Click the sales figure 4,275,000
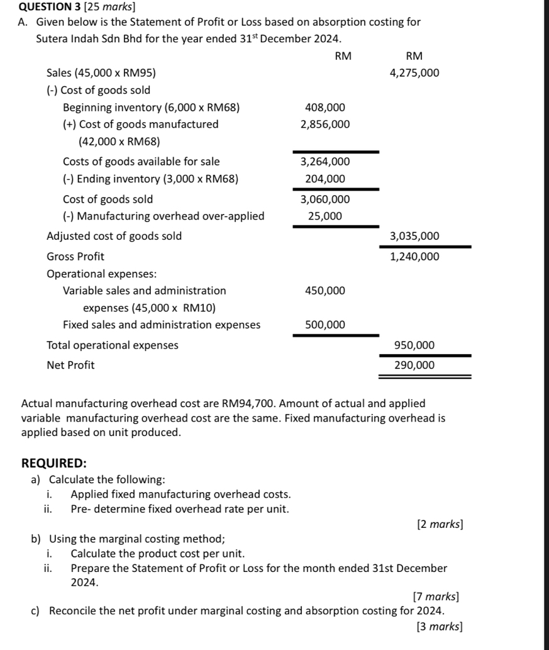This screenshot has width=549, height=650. (414, 73)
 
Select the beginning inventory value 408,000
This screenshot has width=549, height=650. (325, 108)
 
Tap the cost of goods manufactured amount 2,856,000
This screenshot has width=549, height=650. (325, 125)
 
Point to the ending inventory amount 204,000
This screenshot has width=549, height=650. (325, 179)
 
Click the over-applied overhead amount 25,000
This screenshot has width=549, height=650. (325, 216)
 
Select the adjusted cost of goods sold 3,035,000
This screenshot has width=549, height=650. (414, 237)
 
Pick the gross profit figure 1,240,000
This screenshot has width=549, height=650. (414, 257)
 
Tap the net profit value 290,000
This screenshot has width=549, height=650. (414, 365)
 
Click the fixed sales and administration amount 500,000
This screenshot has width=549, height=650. (325, 325)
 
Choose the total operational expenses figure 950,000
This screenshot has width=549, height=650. (414, 345)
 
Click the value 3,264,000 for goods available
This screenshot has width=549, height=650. (325, 162)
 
